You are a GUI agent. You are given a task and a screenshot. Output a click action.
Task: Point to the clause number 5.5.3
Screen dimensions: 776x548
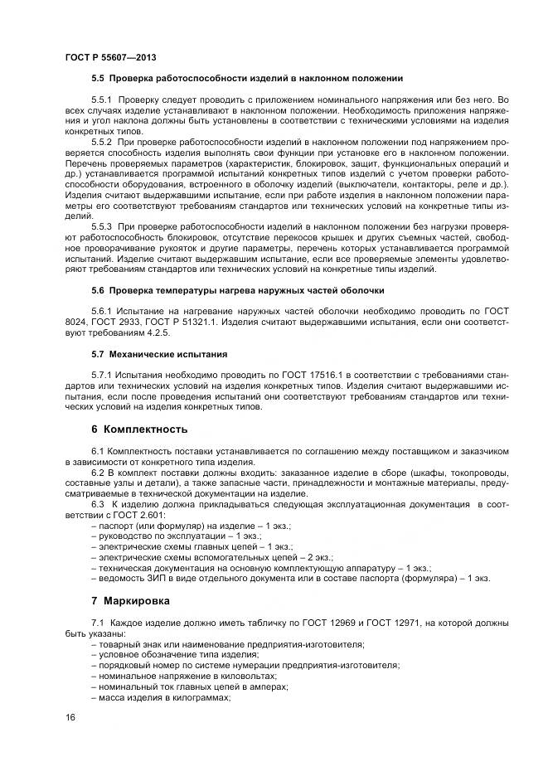[x=104, y=226]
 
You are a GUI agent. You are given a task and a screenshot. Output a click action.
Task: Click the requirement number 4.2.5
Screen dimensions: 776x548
[x=156, y=332]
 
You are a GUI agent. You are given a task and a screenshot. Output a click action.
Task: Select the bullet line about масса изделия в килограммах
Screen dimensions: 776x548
[x=163, y=696]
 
